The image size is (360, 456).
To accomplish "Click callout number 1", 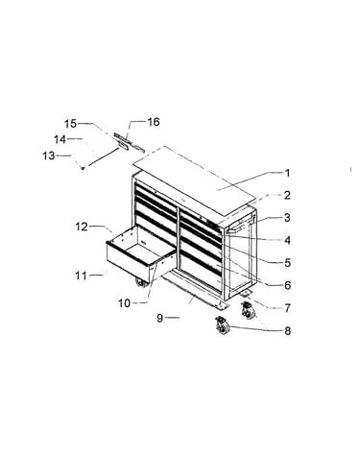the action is pyautogui.click(x=287, y=173).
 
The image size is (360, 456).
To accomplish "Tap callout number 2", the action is pyautogui.click(x=287, y=195).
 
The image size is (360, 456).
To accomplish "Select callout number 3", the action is pyautogui.click(x=287, y=218).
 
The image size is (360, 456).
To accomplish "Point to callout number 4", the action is pyautogui.click(x=287, y=240).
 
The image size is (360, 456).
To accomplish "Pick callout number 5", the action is pyautogui.click(x=287, y=263).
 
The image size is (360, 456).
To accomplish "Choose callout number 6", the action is pyautogui.click(x=287, y=285).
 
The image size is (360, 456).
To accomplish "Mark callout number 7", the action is pyautogui.click(x=287, y=308).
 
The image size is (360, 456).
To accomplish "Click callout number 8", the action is pyautogui.click(x=287, y=330).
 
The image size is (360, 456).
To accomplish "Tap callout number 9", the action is pyautogui.click(x=160, y=318).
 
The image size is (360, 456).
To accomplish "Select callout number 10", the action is pyautogui.click(x=125, y=303).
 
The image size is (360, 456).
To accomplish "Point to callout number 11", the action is pyautogui.click(x=82, y=276).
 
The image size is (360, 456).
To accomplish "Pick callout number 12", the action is pyautogui.click(x=82, y=227).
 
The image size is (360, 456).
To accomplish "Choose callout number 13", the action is pyautogui.click(x=49, y=156).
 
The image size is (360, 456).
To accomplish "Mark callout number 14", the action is pyautogui.click(x=60, y=139).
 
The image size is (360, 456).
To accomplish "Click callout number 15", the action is pyautogui.click(x=71, y=124).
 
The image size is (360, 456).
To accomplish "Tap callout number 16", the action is pyautogui.click(x=153, y=122).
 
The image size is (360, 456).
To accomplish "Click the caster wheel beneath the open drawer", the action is pyautogui.click(x=141, y=284).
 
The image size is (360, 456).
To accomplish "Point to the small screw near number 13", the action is pyautogui.click(x=83, y=168).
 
